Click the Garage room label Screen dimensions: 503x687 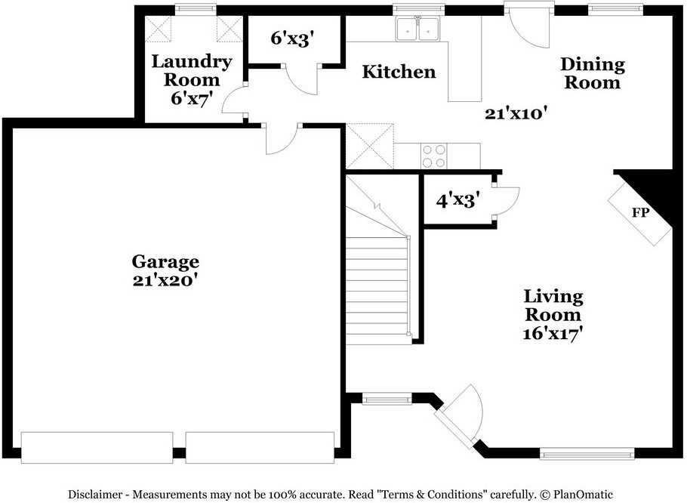coord(165,261)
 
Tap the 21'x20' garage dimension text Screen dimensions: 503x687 coord(165,279)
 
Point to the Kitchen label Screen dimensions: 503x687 coord(399,72)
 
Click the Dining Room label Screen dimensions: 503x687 coord(593,73)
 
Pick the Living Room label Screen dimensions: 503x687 coord(554,305)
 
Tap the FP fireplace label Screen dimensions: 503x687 coord(640,212)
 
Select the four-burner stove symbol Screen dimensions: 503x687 coord(433,156)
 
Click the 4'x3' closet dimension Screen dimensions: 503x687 coord(458,201)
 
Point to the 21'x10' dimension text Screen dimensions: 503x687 coord(516,113)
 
